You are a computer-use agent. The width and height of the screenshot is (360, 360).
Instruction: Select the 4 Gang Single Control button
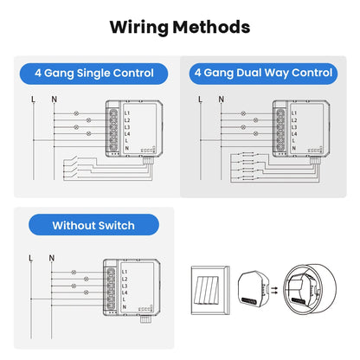pyautogui.click(x=94, y=74)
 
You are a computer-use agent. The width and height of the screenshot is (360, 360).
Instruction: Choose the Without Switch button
pyautogui.click(x=93, y=225)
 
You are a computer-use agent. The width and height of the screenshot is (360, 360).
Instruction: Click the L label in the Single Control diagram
pyautogui.click(x=32, y=100)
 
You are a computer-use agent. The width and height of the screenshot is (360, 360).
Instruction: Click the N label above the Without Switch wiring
pyautogui.click(x=51, y=257)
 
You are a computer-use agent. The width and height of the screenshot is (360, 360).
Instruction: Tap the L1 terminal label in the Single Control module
pyautogui.click(x=125, y=113)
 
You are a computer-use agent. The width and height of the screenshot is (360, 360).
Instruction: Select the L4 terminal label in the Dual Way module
pyautogui.click(x=294, y=134)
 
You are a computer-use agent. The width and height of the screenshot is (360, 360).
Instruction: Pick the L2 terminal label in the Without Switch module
pyautogui.click(x=125, y=279)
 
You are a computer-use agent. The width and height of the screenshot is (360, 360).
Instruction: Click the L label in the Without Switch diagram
pyautogui.click(x=32, y=257)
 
